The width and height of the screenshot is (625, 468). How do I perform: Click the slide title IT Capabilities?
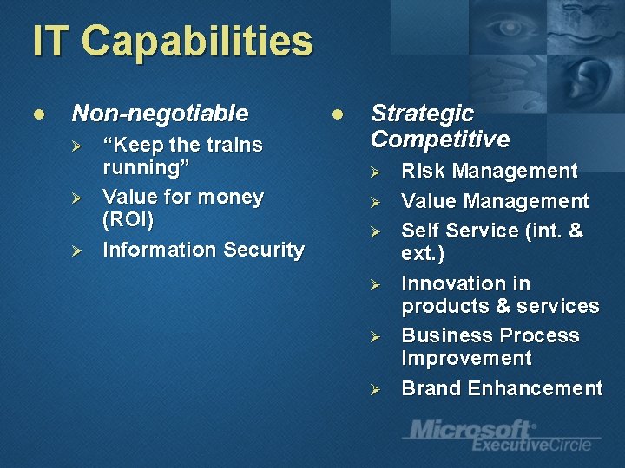pyautogui.click(x=172, y=42)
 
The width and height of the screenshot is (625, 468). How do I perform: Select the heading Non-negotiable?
pyautogui.click(x=160, y=114)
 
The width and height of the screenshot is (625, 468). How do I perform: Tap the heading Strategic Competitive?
pyautogui.click(x=439, y=127)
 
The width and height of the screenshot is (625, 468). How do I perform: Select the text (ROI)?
pyautogui.click(x=128, y=220)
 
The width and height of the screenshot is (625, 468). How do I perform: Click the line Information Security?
pyautogui.click(x=203, y=250)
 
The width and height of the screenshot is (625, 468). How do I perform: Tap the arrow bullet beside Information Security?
pyautogui.click(x=76, y=250)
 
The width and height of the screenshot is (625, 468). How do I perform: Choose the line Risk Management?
pyautogui.click(x=489, y=171)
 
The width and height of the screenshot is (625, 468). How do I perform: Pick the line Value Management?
pyautogui.click(x=495, y=202)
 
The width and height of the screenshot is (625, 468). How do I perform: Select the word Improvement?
pyautogui.click(x=466, y=358)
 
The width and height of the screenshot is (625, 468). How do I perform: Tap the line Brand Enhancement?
pyautogui.click(x=502, y=388)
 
